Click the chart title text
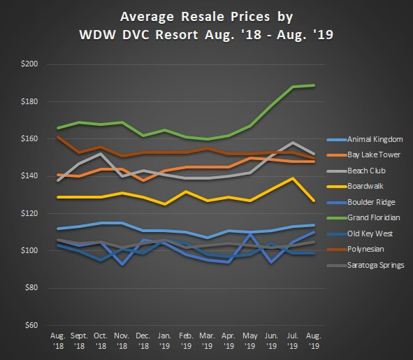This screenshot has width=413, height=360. pyautogui.click(x=207, y=24)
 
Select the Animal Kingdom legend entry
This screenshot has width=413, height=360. pyautogui.click(x=374, y=140)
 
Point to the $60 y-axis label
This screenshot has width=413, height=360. pyautogui.click(x=30, y=325)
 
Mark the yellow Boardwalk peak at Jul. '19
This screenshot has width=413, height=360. pyautogui.click(x=294, y=178)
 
